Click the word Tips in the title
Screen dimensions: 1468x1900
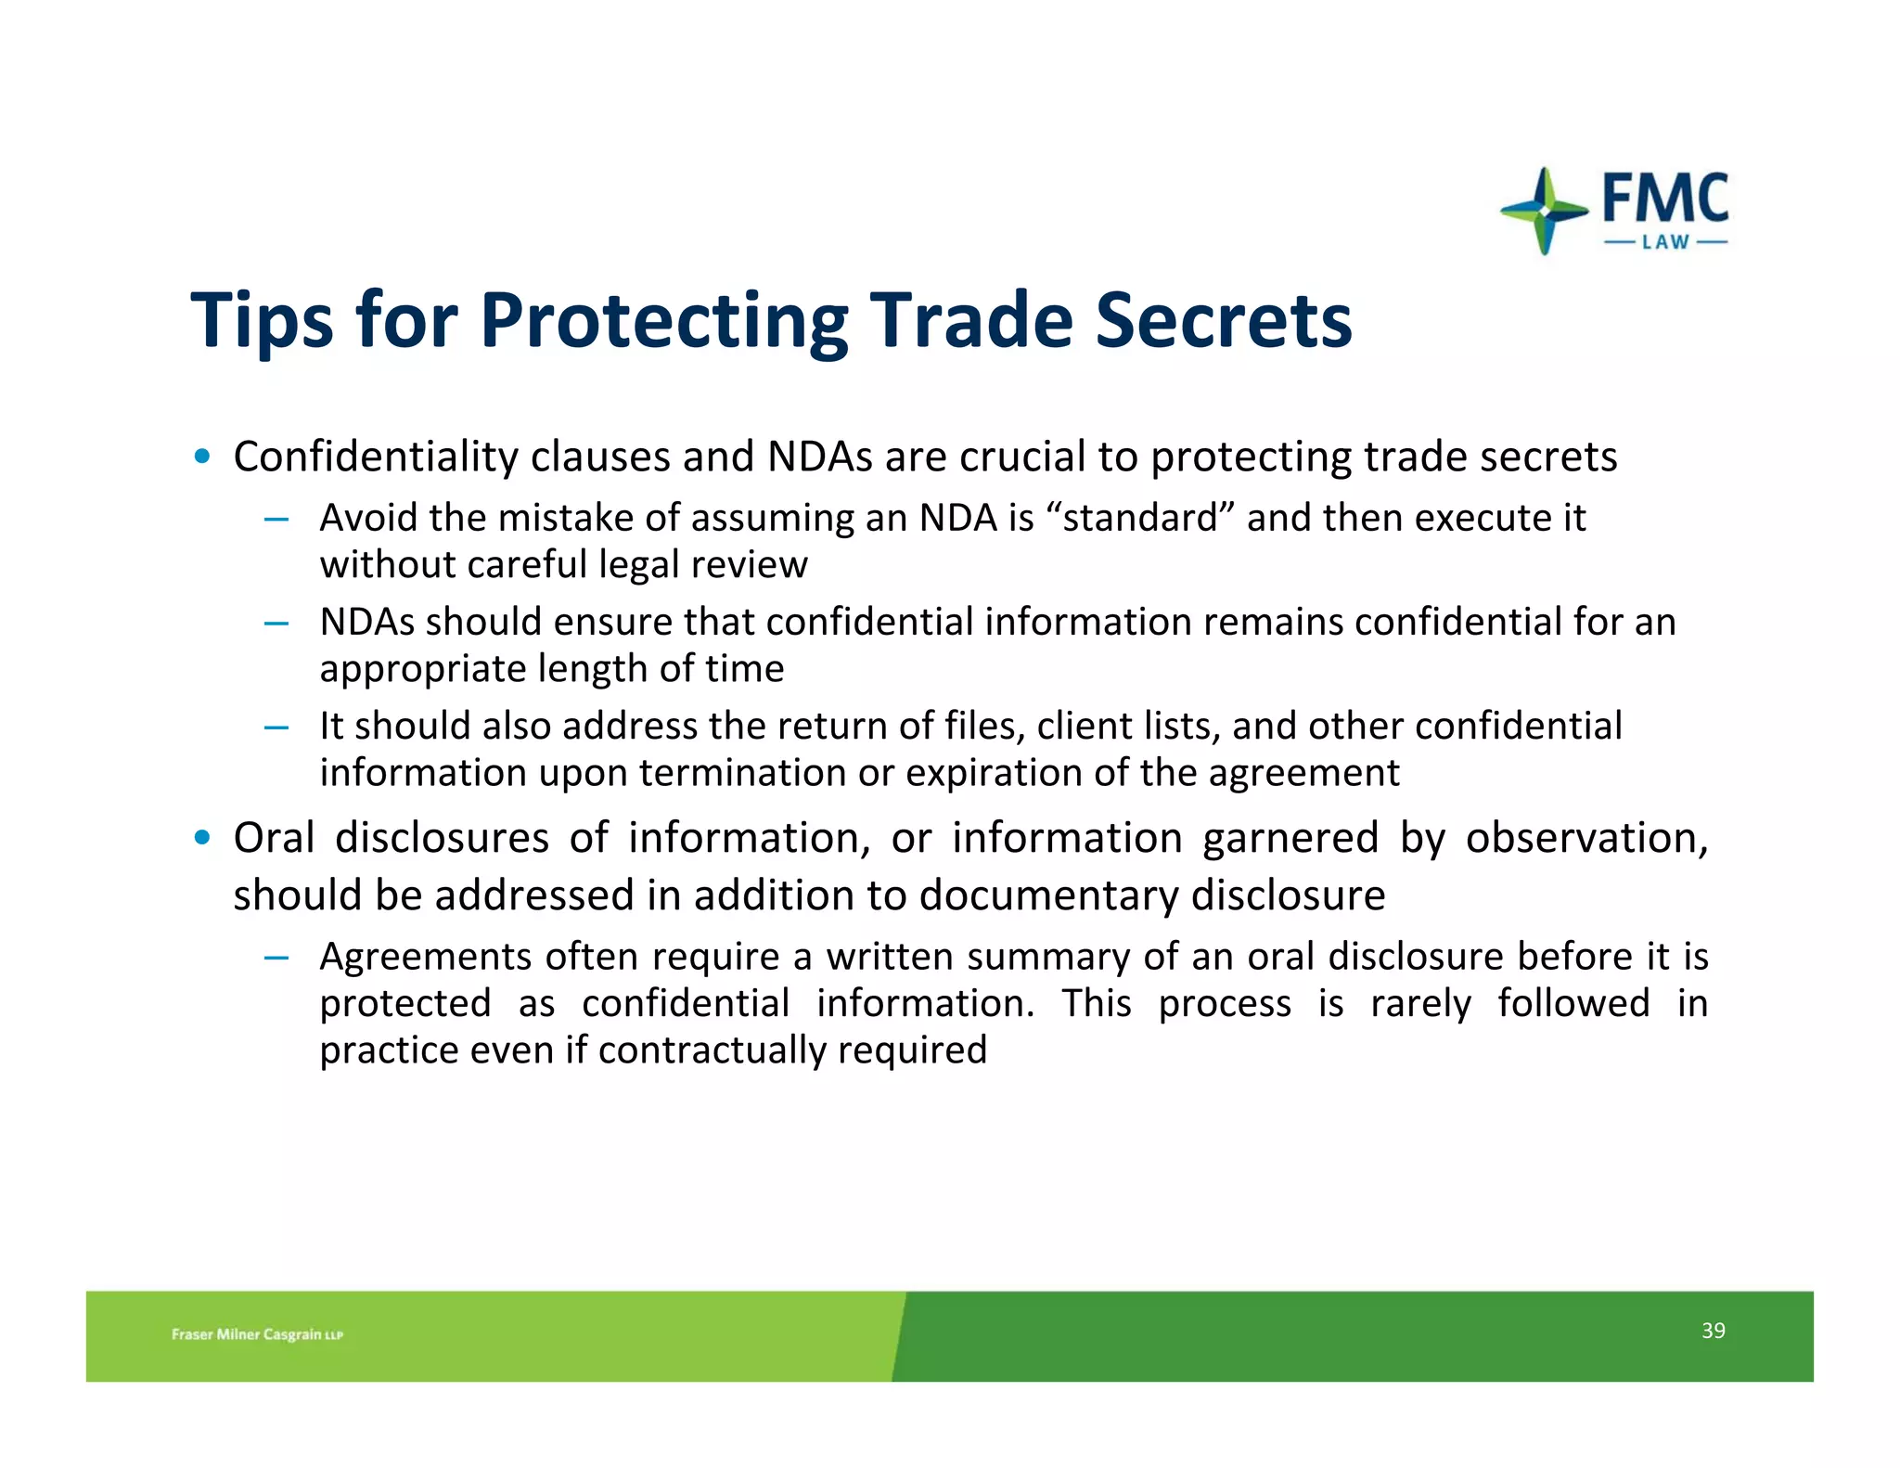[262, 321]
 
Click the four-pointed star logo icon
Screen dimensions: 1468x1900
[1544, 212]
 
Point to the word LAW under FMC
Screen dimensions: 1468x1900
[1665, 242]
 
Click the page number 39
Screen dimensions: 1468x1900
[1713, 1331]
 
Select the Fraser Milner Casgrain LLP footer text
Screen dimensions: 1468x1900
[257, 1334]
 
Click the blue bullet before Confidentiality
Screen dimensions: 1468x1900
[202, 457]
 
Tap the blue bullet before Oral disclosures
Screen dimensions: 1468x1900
[202, 838]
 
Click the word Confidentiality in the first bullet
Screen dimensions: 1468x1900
[376, 457]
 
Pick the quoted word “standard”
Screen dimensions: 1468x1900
[1140, 518]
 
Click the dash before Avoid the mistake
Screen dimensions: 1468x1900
[276, 519]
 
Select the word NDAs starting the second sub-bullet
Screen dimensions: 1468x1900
[367, 622]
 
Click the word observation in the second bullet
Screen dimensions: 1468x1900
[1585, 838]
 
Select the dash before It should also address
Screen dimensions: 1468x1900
[276, 727]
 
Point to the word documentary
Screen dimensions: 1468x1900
[1049, 895]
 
